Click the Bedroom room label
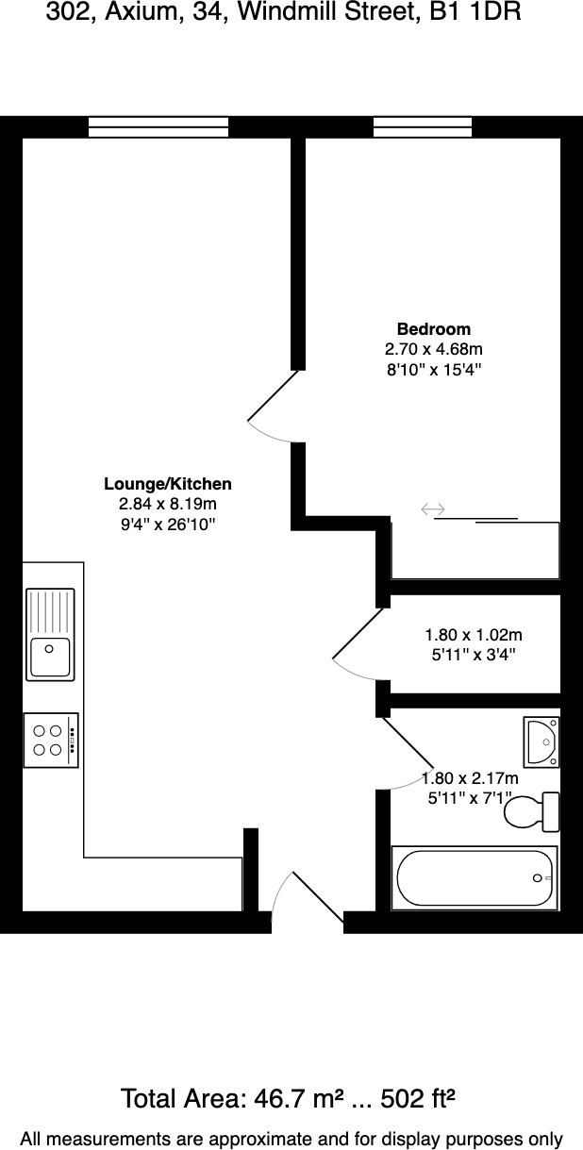(433, 329)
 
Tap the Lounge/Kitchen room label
(167, 484)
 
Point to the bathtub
(475, 877)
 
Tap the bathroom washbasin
(541, 742)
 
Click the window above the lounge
(158, 126)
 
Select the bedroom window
(423, 126)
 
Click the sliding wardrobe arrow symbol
(433, 509)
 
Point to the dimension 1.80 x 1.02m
(473, 635)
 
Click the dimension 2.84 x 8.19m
(168, 504)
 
